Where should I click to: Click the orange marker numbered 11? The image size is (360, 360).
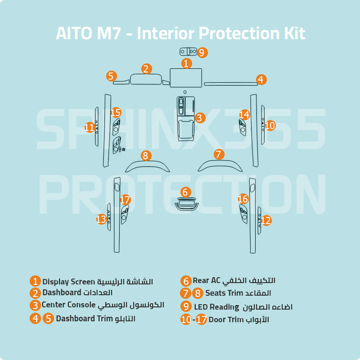[90, 127]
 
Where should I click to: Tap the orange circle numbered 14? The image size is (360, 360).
[244, 115]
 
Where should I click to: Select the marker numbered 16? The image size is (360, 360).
[243, 198]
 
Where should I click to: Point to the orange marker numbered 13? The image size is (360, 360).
[101, 219]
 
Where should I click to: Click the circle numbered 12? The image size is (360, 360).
[266, 220]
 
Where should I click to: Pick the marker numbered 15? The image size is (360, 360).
[116, 112]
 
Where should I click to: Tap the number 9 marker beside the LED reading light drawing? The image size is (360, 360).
[202, 53]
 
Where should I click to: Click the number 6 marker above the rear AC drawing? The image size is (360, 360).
[186, 192]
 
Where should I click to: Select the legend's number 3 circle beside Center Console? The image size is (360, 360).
[35, 305]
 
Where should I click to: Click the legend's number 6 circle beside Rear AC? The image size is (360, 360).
[186, 281]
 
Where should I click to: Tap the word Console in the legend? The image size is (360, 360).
[82, 305]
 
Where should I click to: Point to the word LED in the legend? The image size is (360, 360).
[202, 307]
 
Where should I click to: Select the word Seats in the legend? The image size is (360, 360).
[215, 293]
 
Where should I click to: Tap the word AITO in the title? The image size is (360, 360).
[71, 33]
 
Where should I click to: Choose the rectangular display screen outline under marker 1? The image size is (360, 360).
[185, 78]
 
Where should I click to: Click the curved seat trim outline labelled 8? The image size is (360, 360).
[148, 166]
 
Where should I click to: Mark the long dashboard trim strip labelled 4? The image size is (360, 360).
[229, 83]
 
